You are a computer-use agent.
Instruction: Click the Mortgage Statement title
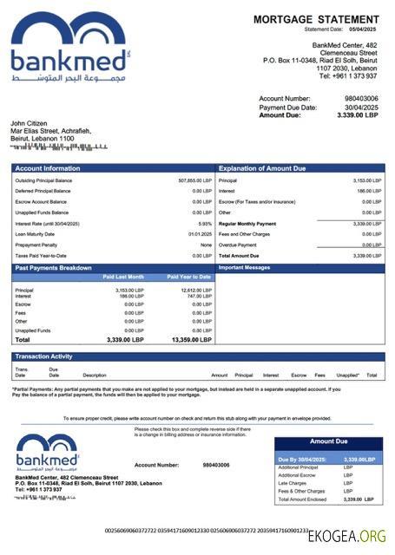click(316, 19)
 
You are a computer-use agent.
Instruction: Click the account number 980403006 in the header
click(361, 99)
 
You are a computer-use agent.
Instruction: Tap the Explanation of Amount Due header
click(262, 168)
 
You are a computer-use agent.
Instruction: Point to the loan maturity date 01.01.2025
click(201, 234)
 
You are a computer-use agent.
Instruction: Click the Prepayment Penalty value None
click(206, 245)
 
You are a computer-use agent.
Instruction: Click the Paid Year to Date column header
click(189, 277)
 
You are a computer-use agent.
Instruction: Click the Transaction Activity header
click(43, 356)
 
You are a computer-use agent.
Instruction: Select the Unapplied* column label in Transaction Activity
click(347, 375)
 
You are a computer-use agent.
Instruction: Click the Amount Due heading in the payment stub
click(328, 441)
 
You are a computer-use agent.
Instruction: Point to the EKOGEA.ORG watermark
click(346, 537)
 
